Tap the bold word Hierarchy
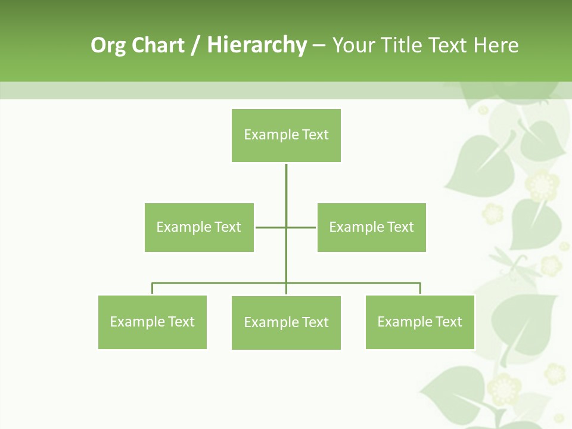(x=256, y=46)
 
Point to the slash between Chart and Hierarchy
(x=195, y=46)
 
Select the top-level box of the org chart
(x=286, y=135)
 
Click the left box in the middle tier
(x=199, y=227)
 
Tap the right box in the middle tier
(x=371, y=227)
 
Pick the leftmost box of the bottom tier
(x=152, y=322)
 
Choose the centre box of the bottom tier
(x=286, y=323)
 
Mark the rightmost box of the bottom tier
(x=419, y=322)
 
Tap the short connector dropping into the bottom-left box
(x=153, y=289)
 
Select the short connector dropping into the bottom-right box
(x=420, y=289)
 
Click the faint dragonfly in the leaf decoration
(x=509, y=262)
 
